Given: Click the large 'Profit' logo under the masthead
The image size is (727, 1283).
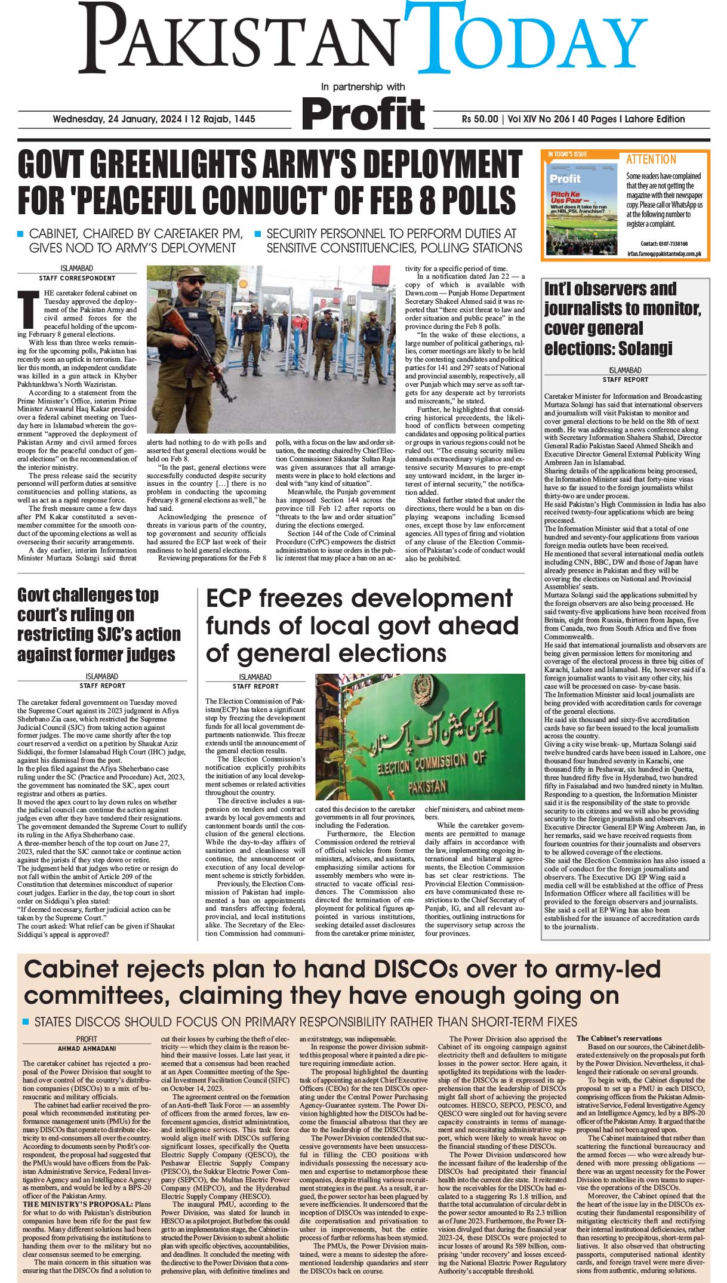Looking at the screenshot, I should [x=363, y=113].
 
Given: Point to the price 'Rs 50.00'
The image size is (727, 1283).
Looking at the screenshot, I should [x=479, y=119].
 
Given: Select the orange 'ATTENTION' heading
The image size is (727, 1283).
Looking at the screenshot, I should [x=651, y=159].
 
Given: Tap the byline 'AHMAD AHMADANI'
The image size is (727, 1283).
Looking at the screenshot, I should [x=87, y=1048].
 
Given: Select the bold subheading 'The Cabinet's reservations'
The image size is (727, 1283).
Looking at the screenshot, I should [x=619, y=1038].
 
